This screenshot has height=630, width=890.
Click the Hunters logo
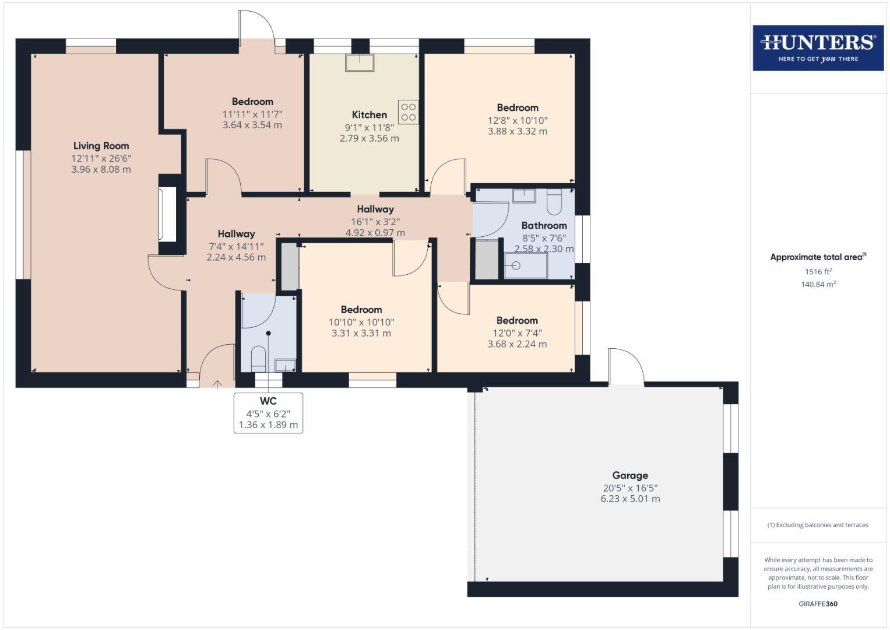pyautogui.click(x=818, y=47)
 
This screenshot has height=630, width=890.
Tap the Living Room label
pyautogui.click(x=101, y=146)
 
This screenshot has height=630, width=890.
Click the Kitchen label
pyautogui.click(x=369, y=115)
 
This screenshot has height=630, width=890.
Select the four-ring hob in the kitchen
pyautogui.click(x=409, y=112)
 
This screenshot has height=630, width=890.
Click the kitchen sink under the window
pyautogui.click(x=360, y=62)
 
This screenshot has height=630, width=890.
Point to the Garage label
pyautogui.click(x=629, y=475)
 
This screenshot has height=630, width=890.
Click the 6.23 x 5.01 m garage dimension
pyautogui.click(x=630, y=499)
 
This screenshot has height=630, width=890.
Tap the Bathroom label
pyautogui.click(x=544, y=226)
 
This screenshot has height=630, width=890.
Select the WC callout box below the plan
pyautogui.click(x=268, y=413)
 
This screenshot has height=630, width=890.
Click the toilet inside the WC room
pyautogui.click(x=258, y=358)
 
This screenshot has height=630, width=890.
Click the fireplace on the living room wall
pyautogui.click(x=167, y=214)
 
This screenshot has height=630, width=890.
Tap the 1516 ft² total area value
pyautogui.click(x=818, y=272)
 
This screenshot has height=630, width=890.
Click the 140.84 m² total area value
pyautogui.click(x=818, y=285)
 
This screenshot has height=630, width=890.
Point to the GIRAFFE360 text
pyautogui.click(x=818, y=604)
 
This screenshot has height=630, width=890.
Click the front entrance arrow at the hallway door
pyautogui.click(x=217, y=383)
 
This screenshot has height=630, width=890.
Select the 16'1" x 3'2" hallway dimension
pyautogui.click(x=375, y=222)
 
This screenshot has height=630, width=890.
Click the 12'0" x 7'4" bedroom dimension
pyautogui.click(x=517, y=333)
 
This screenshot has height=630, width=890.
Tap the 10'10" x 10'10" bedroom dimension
pyautogui.click(x=361, y=322)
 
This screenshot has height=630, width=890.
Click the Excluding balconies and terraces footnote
pyautogui.click(x=818, y=525)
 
